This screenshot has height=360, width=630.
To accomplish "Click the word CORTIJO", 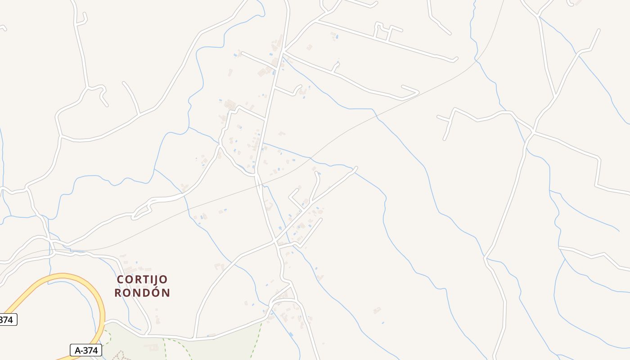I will point(142,279).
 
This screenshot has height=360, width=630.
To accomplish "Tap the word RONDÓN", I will point(142,293).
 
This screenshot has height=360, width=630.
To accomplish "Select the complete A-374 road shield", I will point(86,350).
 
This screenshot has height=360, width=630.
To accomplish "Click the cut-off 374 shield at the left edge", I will point(8,320).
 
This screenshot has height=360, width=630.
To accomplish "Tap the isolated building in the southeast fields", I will point(377,310).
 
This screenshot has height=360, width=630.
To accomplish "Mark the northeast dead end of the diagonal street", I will point(355,169).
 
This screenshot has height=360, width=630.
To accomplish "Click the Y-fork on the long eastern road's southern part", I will point(486,258).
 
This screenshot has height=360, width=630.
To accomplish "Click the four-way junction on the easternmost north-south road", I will point(532,132).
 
